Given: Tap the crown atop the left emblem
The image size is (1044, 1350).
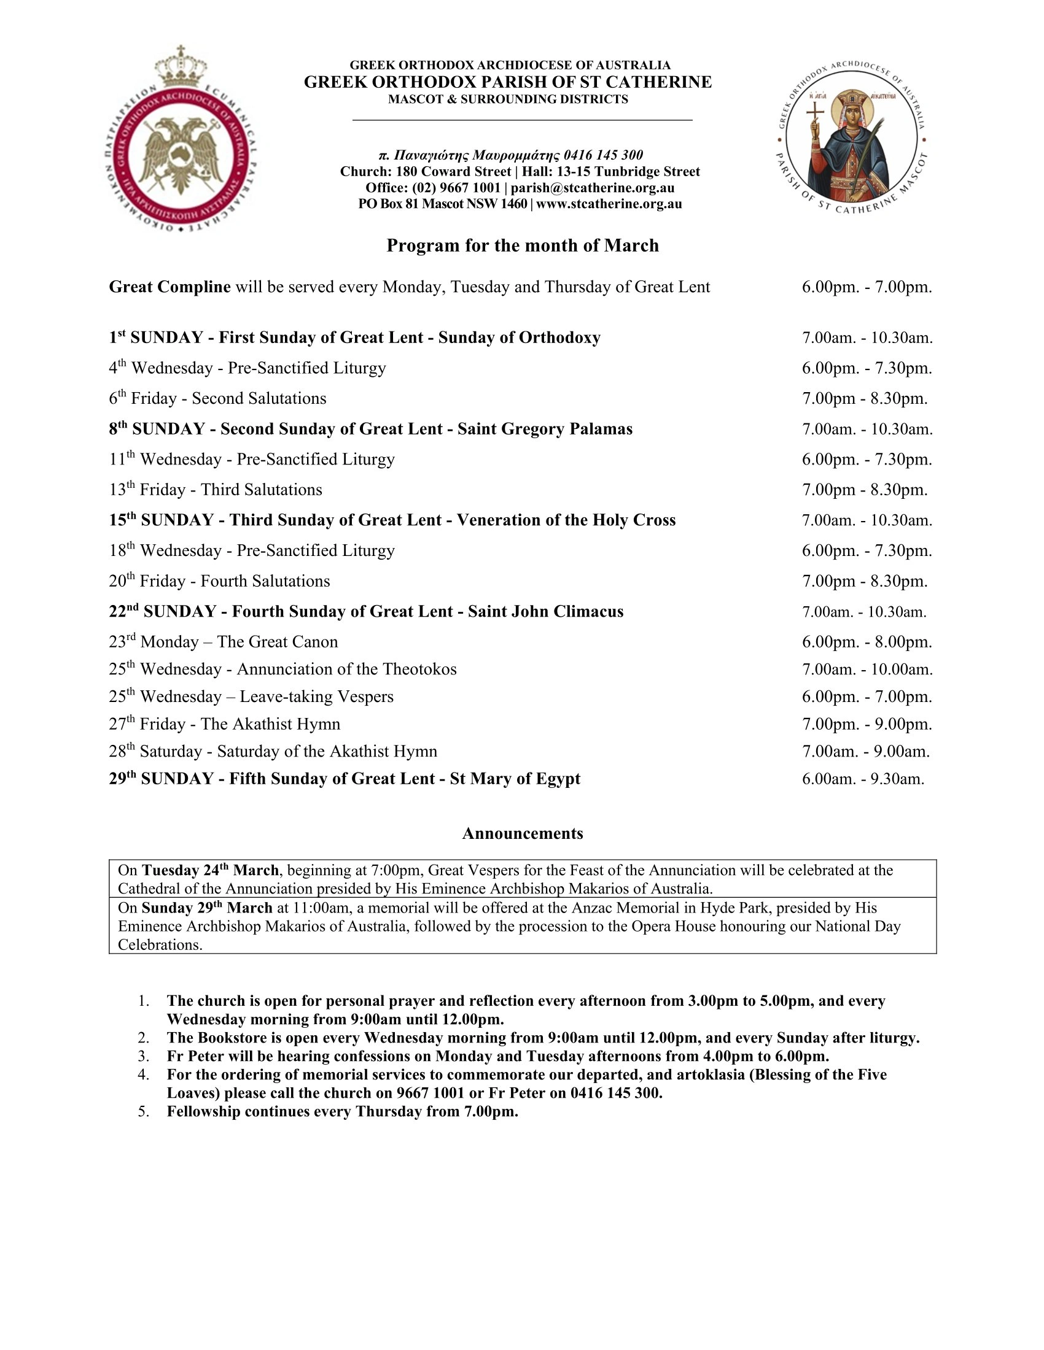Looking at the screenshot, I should (x=181, y=68).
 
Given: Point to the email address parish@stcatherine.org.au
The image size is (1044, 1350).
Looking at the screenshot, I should (x=593, y=188).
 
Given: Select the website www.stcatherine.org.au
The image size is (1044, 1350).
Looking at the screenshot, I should (x=609, y=204).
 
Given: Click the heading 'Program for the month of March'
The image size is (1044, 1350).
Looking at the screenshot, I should (x=523, y=246).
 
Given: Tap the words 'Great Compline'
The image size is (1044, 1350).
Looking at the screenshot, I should (x=169, y=287).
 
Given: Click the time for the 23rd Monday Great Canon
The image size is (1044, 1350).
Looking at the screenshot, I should (x=867, y=642).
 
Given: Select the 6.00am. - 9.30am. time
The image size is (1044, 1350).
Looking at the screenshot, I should (x=863, y=779).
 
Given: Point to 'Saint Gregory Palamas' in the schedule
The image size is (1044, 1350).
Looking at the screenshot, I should (x=545, y=429).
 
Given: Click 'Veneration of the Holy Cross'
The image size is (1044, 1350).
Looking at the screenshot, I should (x=566, y=520).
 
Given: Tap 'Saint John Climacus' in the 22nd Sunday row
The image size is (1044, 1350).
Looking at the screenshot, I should (x=545, y=611).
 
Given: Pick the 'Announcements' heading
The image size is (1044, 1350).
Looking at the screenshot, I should (x=523, y=833).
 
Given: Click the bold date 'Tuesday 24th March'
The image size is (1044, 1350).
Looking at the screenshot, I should (x=210, y=870).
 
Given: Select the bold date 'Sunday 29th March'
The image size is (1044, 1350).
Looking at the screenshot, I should (x=207, y=908).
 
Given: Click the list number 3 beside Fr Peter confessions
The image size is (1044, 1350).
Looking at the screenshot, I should (x=144, y=1057).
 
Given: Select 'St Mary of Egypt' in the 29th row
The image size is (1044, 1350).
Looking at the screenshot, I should (x=515, y=779).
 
